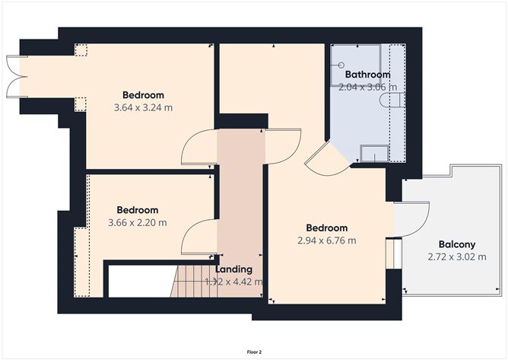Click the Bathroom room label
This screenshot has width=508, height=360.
click(367, 75)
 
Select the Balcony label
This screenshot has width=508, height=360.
click(456, 244)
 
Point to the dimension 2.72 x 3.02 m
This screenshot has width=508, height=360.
click(456, 257)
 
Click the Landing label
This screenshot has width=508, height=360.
click(233, 269)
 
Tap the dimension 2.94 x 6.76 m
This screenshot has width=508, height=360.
click(326, 241)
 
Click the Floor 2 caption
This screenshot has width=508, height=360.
click(254, 352)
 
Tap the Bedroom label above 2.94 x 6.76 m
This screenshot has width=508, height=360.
click(326, 228)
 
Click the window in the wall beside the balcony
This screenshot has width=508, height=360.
click(395, 253)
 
